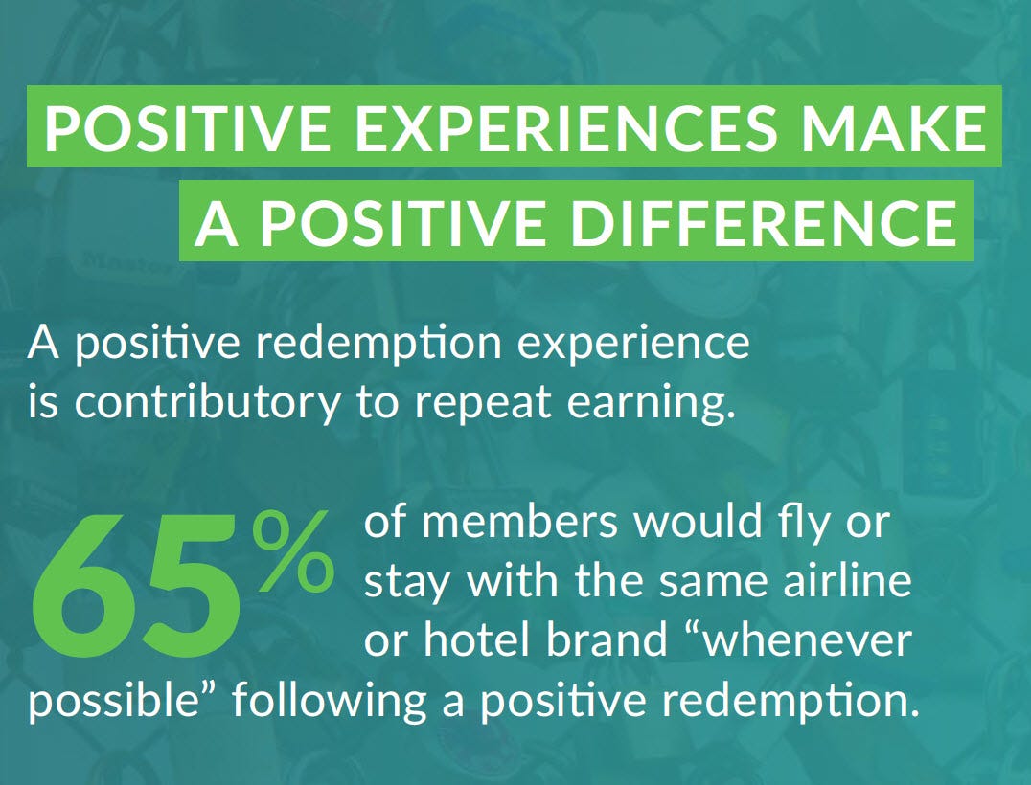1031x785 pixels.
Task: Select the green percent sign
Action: click(294, 550)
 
